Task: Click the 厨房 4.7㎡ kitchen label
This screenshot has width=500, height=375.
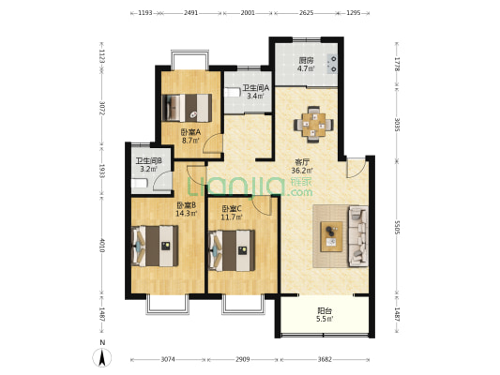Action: [x=306, y=64]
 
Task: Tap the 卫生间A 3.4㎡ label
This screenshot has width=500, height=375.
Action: [x=256, y=92]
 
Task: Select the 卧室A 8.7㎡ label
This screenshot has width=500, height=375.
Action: [x=190, y=136]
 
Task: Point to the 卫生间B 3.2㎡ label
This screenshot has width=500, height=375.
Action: [x=148, y=165]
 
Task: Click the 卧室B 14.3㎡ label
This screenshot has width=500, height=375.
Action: [x=187, y=209]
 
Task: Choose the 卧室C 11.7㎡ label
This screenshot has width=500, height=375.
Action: [x=232, y=213]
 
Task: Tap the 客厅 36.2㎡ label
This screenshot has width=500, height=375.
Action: [x=302, y=166]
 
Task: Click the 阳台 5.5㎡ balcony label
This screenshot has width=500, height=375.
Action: [x=325, y=314]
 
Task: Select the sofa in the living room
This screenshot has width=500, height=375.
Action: [x=358, y=236]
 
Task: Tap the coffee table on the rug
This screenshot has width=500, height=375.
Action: [x=332, y=236]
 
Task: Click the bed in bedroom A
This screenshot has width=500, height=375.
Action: [x=187, y=108]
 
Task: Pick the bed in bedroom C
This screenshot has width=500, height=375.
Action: [x=232, y=250]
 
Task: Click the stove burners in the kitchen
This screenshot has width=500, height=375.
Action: [x=332, y=64]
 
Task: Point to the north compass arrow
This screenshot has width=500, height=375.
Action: [x=102, y=357]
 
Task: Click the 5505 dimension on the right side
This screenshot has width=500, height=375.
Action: [x=397, y=228]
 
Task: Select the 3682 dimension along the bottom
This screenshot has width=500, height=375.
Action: [x=325, y=359]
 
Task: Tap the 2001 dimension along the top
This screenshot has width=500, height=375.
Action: [x=248, y=13]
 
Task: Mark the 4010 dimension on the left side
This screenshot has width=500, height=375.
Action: [x=101, y=245]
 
